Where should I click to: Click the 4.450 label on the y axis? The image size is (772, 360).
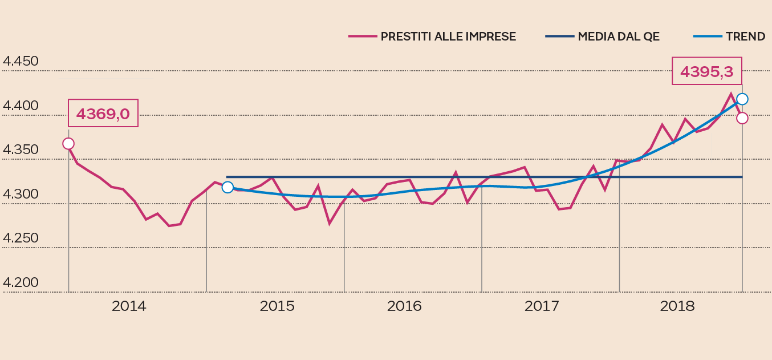(21, 62)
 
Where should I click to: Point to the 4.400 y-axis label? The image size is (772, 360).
(21, 106)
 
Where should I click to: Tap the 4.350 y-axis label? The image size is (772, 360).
(21, 150)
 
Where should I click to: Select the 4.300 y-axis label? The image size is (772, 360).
(21, 195)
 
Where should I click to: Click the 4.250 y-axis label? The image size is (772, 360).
(21, 238)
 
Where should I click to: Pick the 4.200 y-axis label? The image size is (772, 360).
(21, 284)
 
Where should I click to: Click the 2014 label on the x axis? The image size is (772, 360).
(129, 306)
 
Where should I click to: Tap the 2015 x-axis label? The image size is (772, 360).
(277, 306)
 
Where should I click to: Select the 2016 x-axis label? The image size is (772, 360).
(404, 306)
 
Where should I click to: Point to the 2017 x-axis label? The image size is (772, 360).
(542, 306)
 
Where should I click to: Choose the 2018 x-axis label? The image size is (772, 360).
(677, 306)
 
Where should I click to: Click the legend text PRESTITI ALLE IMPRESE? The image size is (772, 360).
(448, 37)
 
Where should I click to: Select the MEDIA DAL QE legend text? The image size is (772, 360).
(619, 37)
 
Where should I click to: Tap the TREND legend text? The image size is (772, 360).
(745, 37)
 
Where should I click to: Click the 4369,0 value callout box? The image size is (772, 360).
(103, 114)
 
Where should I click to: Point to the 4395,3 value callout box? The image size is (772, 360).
(707, 71)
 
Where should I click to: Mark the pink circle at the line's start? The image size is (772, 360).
(68, 144)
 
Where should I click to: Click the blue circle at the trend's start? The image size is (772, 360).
(227, 187)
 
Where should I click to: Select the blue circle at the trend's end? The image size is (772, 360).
(742, 99)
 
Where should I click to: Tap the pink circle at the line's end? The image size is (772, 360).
(742, 118)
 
